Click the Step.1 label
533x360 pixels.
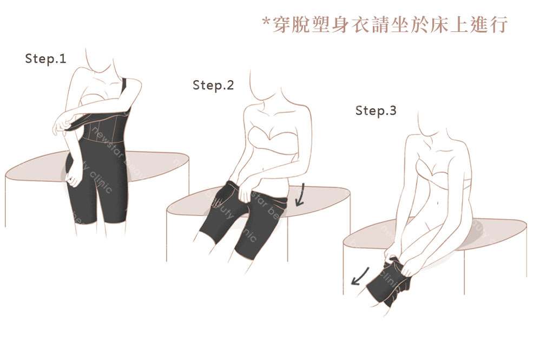pos(45,59)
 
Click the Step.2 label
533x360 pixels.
pos(213,85)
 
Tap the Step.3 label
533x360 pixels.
pos(376,111)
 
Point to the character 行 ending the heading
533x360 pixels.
pos(497,24)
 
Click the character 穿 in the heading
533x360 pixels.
pos(285,24)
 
